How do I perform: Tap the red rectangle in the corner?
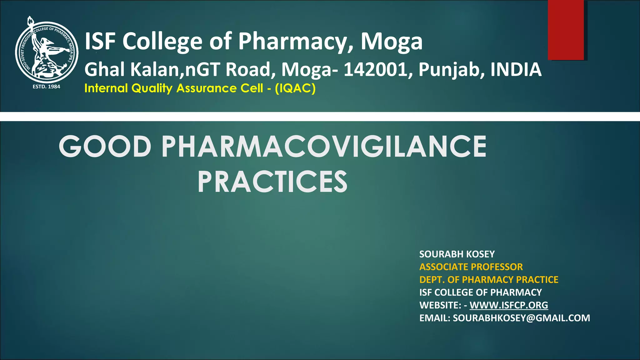coord(566,30)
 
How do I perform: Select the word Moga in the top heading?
coord(392,41)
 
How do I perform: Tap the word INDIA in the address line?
coord(516,70)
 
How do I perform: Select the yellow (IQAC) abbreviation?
coord(295,88)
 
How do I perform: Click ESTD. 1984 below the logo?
coord(47,87)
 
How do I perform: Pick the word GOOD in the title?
coord(105,147)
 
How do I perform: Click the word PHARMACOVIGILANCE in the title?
coord(324,147)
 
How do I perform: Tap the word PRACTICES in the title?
coord(272,182)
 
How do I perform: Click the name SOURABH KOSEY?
coord(457,254)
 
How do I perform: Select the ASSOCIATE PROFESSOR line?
coord(471,267)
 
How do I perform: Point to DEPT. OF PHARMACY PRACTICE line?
coord(489,280)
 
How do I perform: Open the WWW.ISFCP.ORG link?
coord(509,305)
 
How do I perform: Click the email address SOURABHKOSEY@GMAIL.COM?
coord(521,318)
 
